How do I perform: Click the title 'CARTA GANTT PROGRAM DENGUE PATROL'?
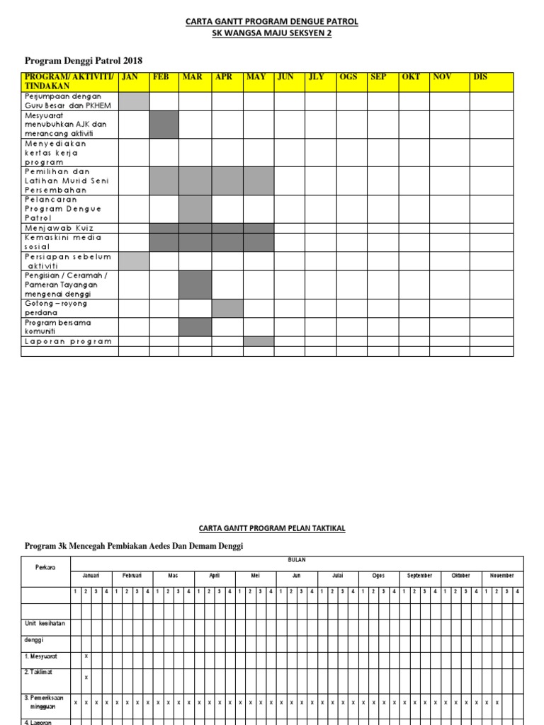(272, 22)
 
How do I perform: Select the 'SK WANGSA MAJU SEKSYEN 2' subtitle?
(272, 34)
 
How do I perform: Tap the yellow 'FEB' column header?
(161, 77)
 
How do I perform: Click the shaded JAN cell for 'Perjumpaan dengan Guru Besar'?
(134, 101)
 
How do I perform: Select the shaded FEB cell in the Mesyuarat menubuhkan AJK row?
(164, 125)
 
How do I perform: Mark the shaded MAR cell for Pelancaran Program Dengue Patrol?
(195, 209)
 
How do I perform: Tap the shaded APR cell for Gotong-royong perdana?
(227, 308)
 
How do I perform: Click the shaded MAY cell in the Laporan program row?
(259, 341)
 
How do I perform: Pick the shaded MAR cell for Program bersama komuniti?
(195, 327)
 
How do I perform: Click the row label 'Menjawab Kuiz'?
(59, 228)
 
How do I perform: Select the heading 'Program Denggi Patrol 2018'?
(89, 61)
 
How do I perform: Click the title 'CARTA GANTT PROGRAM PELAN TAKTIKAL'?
(272, 528)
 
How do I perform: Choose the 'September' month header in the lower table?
(419, 576)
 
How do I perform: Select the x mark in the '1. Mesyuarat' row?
(86, 656)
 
